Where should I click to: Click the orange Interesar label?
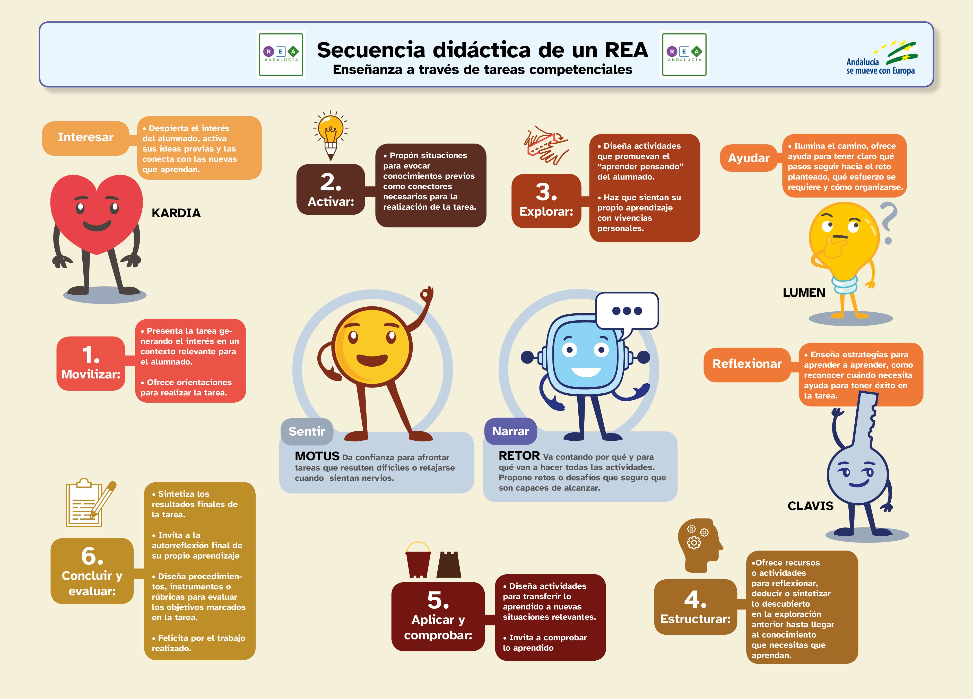(x=85, y=138)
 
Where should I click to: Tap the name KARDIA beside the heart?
(x=176, y=213)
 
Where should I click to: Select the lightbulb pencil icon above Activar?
(x=330, y=135)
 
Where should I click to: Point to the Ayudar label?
(x=748, y=158)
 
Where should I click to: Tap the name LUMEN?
(x=804, y=293)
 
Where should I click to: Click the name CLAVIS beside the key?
(x=810, y=506)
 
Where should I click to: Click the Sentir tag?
(x=306, y=431)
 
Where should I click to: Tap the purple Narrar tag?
(x=510, y=431)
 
